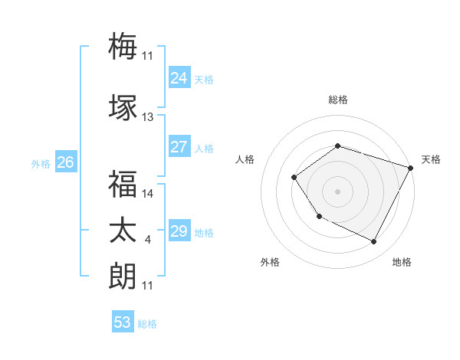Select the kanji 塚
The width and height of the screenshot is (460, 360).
[123, 107]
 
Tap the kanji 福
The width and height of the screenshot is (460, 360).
[123, 184]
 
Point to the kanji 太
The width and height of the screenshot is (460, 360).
[123, 231]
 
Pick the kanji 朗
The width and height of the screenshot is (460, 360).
[123, 276]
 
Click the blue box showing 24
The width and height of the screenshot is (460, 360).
[179, 78]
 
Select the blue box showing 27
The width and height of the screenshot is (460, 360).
[179, 147]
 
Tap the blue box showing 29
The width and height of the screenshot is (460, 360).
[179, 231]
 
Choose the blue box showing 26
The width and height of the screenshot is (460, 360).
[65, 162]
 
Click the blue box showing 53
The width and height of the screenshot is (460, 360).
[123, 322]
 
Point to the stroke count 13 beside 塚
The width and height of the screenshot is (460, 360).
[148, 117]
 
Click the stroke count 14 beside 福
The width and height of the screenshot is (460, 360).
[148, 194]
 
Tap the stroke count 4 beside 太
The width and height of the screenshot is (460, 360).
[147, 241]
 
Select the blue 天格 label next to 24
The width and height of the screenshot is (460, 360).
[203, 80]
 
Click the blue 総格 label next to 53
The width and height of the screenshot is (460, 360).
[147, 324]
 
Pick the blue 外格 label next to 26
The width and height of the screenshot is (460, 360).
[41, 164]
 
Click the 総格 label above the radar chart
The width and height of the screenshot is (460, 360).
[337, 100]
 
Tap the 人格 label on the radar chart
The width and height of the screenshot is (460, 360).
[245, 159]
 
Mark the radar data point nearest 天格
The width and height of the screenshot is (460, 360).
[411, 168]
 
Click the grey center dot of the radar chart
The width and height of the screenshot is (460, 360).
[337, 191]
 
